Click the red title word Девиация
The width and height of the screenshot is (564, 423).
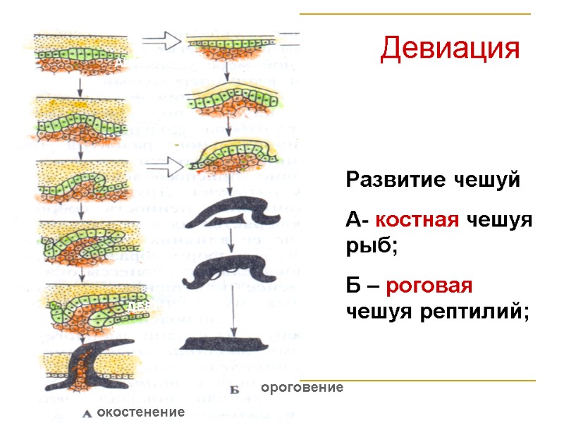click(450, 48)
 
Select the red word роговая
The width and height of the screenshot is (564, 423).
click(432, 287)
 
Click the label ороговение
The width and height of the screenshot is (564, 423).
click(302, 388)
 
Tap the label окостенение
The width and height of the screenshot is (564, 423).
click(141, 411)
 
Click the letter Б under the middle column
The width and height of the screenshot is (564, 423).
click(235, 388)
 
